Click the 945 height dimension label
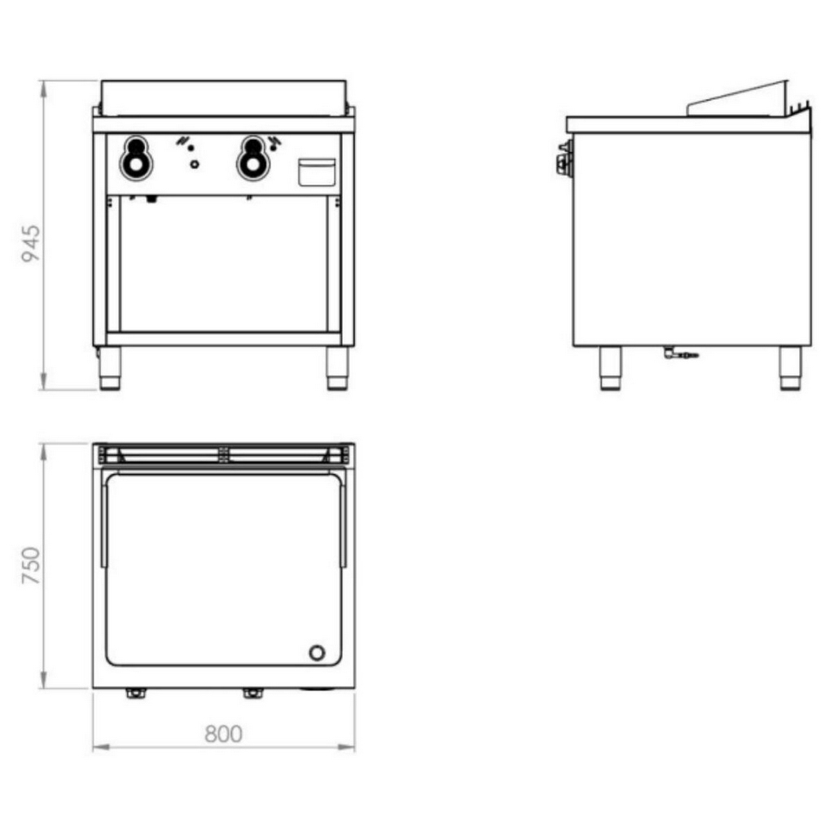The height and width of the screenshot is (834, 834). click(30, 243)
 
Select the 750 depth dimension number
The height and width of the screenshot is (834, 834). click(31, 565)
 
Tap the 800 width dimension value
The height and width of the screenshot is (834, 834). click(223, 734)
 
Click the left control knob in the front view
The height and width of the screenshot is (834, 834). click(136, 158)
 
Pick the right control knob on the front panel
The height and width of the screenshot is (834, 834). click(253, 158)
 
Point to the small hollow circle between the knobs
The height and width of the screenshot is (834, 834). click(195, 165)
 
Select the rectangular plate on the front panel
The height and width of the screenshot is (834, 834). click(317, 173)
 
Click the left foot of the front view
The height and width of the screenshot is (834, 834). click(110, 368)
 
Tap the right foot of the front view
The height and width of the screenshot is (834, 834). click(337, 368)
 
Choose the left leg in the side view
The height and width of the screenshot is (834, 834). click(610, 368)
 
